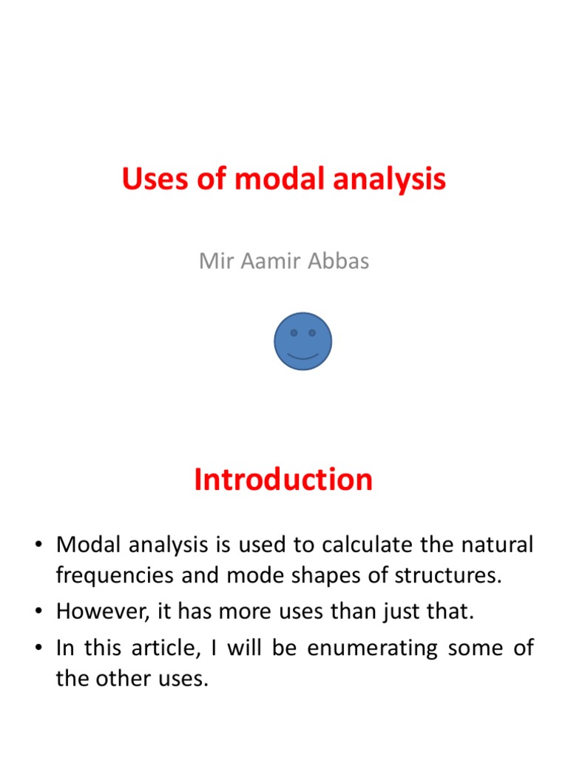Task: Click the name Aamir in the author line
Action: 269,261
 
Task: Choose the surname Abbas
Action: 339,261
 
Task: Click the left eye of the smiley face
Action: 294,333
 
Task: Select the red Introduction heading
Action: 283,480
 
